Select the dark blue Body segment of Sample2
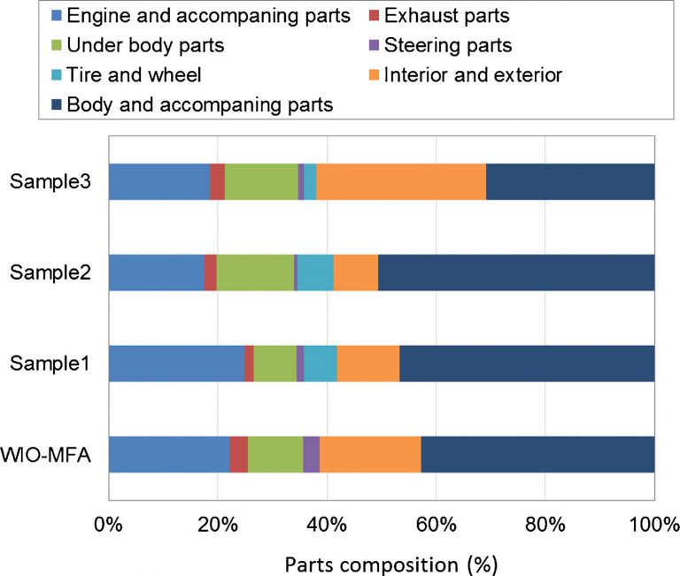516,273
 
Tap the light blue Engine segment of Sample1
175,364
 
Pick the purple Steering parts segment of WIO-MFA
311,455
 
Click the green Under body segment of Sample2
255,273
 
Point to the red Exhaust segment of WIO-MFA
238,455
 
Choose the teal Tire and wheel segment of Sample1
321,364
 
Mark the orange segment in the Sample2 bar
356,273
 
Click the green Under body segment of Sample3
261,181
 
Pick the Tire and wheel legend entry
134,75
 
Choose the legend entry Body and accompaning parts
199,104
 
